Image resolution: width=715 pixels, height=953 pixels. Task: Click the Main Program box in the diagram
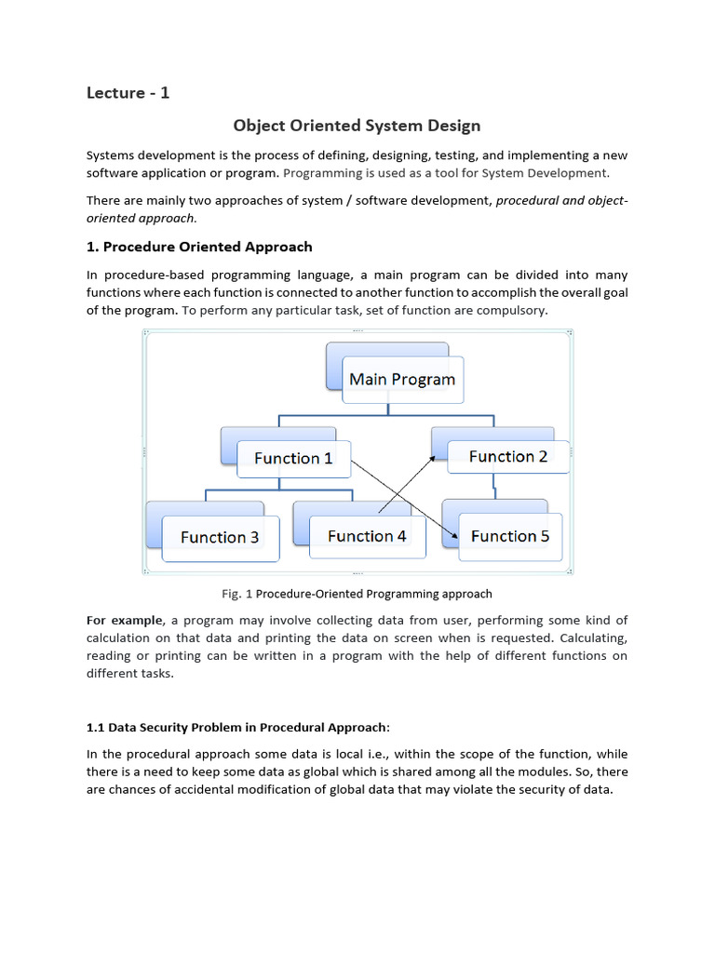pyautogui.click(x=402, y=379)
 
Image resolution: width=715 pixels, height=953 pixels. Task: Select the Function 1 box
pyautogui.click(x=293, y=458)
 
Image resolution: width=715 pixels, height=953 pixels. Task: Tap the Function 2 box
pyautogui.click(x=508, y=456)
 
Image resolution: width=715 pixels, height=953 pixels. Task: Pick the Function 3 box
pyautogui.click(x=221, y=537)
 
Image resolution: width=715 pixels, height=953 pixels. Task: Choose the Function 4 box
pyautogui.click(x=367, y=536)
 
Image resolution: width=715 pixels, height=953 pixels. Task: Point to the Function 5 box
pyautogui.click(x=510, y=536)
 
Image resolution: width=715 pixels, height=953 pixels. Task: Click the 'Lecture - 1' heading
pyautogui.click(x=128, y=92)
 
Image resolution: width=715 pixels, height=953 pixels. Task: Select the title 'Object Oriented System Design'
pyautogui.click(x=357, y=125)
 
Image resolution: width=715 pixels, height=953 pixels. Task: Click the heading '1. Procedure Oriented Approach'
pyautogui.click(x=199, y=247)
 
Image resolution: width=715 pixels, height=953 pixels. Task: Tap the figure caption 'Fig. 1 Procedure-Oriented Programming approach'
pyautogui.click(x=357, y=593)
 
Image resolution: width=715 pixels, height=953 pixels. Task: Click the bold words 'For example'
pyautogui.click(x=124, y=620)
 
